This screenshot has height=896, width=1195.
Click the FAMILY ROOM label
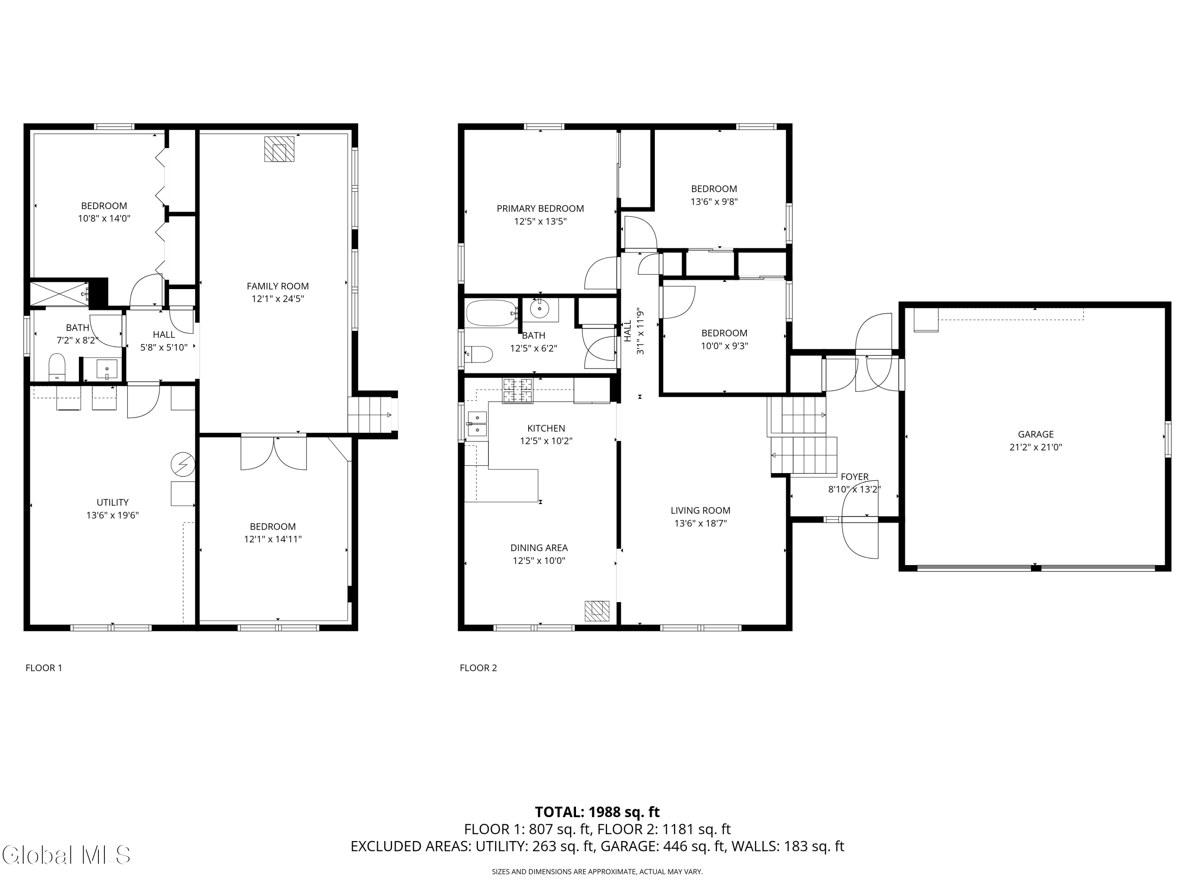(278, 286)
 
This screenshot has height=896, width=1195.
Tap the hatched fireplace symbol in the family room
(279, 149)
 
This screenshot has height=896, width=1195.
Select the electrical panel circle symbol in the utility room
(182, 464)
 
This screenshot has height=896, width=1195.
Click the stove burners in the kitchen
(517, 391)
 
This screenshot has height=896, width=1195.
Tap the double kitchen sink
(478, 424)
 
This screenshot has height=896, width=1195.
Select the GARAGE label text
(1036, 434)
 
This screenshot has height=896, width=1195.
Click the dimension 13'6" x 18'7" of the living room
(700, 523)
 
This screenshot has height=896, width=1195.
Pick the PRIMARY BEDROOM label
(540, 209)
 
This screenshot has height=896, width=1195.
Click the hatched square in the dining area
(597, 611)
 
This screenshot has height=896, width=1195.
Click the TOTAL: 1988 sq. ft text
(597, 812)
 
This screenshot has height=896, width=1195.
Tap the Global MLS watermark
(66, 855)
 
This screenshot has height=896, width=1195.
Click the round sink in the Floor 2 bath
(539, 309)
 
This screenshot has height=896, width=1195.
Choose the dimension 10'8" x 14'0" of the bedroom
(104, 219)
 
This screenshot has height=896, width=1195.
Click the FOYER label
(855, 477)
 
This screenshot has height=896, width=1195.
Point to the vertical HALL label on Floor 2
(628, 331)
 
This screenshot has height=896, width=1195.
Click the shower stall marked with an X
(59, 293)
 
